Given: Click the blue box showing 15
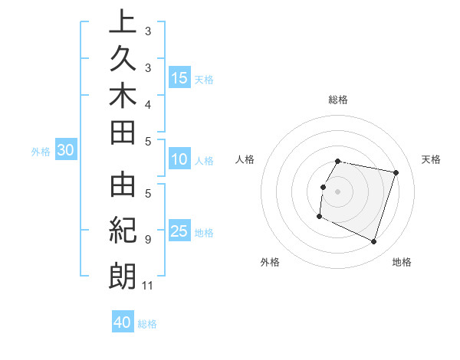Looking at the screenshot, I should [179, 78].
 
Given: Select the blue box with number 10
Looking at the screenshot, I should [179, 160].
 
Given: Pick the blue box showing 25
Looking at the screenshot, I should [179, 232].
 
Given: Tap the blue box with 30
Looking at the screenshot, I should [66, 151].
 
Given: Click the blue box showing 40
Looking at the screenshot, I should [123, 322].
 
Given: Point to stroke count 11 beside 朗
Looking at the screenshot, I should [148, 286].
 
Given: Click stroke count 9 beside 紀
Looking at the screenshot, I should [147, 240].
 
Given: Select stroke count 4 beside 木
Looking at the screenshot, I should [147, 103].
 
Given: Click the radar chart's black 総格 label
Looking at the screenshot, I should [338, 100].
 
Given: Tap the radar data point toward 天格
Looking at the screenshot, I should [396, 173].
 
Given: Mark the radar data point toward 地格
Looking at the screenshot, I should [374, 242].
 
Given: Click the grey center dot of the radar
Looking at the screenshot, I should [338, 191].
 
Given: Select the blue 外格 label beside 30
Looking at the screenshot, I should [40, 152].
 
